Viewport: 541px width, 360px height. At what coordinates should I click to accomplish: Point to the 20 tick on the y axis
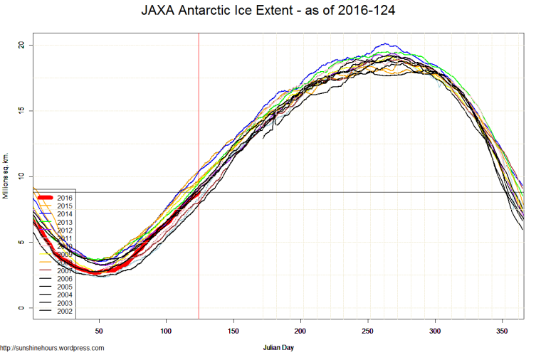coord(21,45)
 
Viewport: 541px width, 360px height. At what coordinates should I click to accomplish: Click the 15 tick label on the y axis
coord(21,110)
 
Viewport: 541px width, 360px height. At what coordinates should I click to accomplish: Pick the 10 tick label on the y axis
coord(21,176)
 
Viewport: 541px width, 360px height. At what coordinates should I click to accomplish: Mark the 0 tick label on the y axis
coord(21,308)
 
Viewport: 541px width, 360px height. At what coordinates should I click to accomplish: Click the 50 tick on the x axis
coord(100,331)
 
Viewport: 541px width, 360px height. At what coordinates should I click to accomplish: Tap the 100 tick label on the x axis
coord(167,331)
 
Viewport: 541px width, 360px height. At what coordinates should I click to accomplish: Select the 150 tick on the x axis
coord(233,331)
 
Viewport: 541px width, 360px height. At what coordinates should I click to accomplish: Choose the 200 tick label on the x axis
coord(300,331)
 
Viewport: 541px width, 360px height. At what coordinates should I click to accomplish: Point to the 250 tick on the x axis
coord(367,331)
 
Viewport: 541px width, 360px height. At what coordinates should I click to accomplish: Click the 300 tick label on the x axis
coord(435,331)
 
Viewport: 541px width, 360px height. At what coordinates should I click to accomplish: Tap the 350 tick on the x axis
coord(502,331)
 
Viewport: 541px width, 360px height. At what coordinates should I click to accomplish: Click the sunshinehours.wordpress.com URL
coord(53,348)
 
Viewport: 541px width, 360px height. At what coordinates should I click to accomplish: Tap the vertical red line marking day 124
coord(199,142)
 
